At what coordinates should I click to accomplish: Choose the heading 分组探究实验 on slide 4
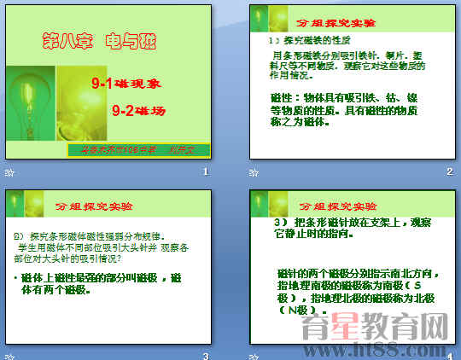(x=338, y=206)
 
